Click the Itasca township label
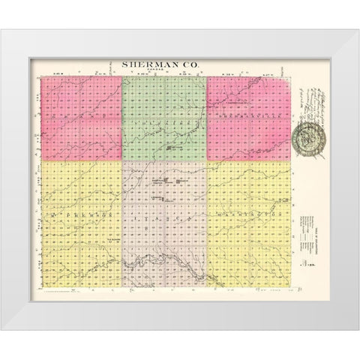click(x=163, y=216)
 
